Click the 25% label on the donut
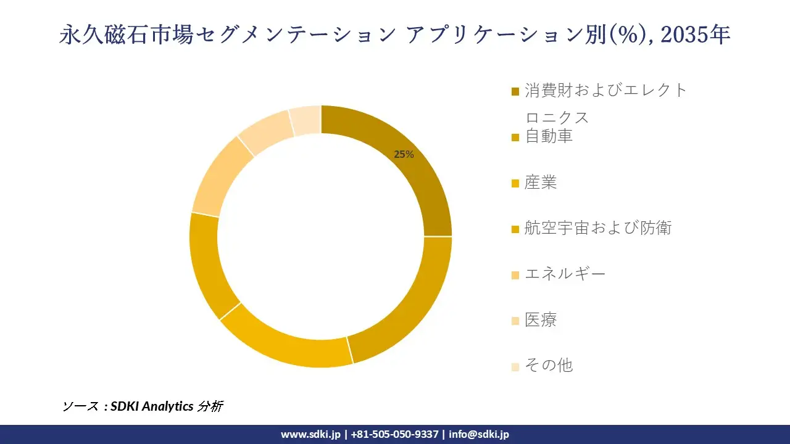pos(404,155)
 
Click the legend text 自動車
pos(548,136)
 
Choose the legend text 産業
pos(541,183)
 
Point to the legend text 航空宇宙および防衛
pos(597,228)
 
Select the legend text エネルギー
pos(565,274)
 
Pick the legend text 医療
pos(541,319)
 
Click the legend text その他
pos(548,365)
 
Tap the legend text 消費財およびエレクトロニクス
pos(605,91)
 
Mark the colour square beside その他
pos(515,366)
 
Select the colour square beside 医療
pos(515,321)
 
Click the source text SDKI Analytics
pos(151,406)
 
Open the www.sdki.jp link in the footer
pos(310,434)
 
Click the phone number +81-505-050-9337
pos(394,434)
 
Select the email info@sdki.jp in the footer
pos(479,434)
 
